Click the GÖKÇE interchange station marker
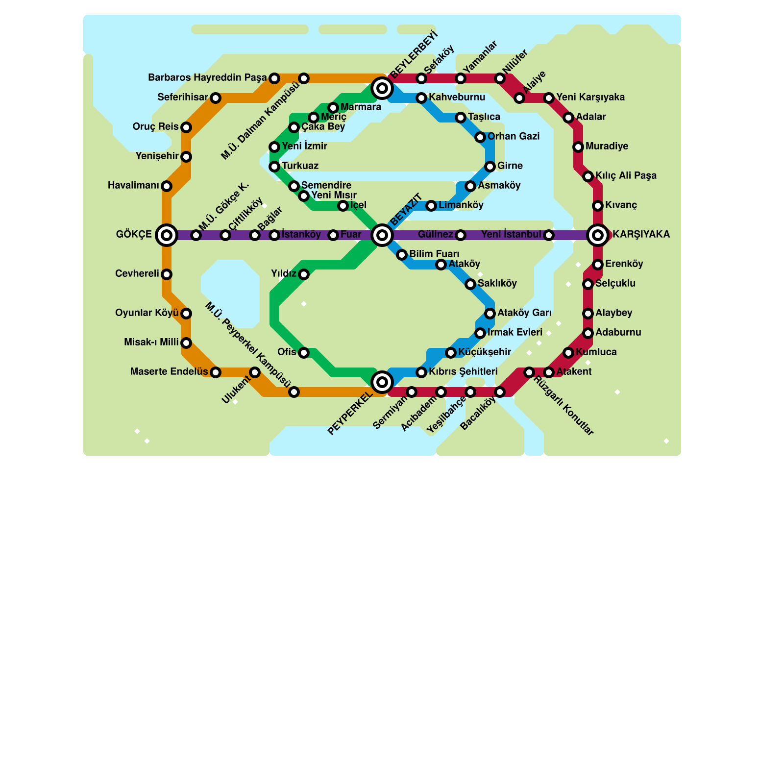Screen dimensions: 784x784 click(x=167, y=235)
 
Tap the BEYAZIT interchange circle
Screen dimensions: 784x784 click(x=382, y=235)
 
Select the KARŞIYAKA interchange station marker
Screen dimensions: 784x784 click(x=598, y=235)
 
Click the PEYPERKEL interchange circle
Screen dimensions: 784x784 click(x=382, y=382)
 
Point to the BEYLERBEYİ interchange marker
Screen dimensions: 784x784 click(x=382, y=88)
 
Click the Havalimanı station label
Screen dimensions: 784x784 click(x=133, y=186)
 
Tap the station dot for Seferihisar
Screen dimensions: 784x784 click(x=216, y=98)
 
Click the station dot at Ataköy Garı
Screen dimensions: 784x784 click(x=490, y=314)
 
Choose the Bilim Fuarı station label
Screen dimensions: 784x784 click(x=434, y=254)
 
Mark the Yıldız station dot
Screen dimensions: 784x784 click(x=304, y=274)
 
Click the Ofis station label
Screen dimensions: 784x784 click(x=287, y=352)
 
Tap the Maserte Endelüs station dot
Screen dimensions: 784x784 click(x=216, y=372)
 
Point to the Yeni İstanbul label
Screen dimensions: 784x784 click(x=512, y=235)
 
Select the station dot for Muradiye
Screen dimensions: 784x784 click(x=578, y=147)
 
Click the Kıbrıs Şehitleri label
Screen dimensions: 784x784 click(x=463, y=371)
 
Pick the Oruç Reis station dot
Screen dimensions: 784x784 click(x=186, y=127)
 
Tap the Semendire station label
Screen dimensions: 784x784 click(x=326, y=185)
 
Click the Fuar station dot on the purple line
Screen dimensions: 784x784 click(x=333, y=235)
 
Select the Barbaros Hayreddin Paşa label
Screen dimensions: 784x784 click(x=207, y=77)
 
